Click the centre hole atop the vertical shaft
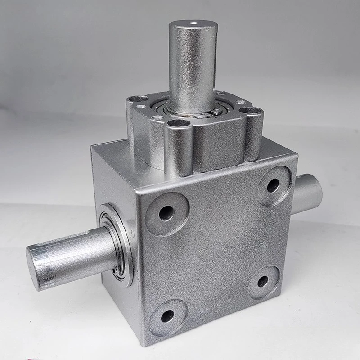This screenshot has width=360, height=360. click(x=193, y=22)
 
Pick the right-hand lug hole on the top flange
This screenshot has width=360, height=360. click(x=251, y=111)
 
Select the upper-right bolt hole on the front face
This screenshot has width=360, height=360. click(x=273, y=185)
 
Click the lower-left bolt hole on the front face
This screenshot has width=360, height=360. click(x=167, y=316)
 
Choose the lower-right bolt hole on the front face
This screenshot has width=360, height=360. click(x=263, y=282)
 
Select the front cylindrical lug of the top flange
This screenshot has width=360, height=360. click(x=179, y=148)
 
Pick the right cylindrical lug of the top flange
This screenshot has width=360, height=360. click(x=253, y=133)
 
